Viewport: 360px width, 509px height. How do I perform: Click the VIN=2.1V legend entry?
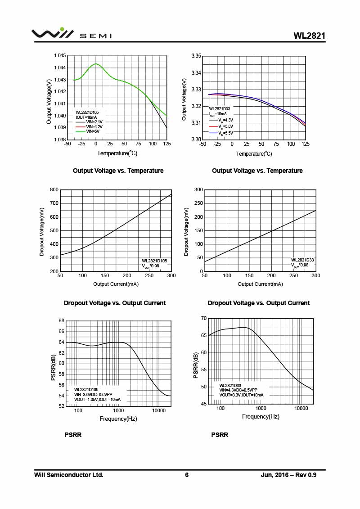(x=94, y=122)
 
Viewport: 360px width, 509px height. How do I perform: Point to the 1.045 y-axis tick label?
(x=60, y=56)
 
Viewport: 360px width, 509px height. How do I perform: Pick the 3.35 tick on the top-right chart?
(x=196, y=56)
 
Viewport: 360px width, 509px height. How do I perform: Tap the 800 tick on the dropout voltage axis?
(x=54, y=190)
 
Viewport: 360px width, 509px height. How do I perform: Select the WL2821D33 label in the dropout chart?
(x=302, y=260)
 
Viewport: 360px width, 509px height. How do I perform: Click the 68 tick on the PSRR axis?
(x=61, y=321)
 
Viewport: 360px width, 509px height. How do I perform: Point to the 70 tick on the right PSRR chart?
(x=203, y=319)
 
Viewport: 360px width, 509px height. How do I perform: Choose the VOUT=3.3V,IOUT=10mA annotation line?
(x=241, y=395)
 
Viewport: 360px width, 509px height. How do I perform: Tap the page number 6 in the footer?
(x=187, y=475)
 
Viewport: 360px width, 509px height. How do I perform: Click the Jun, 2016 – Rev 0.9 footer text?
(x=288, y=475)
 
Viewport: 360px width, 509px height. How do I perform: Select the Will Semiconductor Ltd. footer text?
(x=69, y=475)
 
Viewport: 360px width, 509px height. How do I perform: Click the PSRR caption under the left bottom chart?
(x=73, y=435)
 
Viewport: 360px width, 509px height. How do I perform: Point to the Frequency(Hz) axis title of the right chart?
(x=261, y=417)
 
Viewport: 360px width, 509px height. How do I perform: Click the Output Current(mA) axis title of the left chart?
(x=116, y=284)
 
